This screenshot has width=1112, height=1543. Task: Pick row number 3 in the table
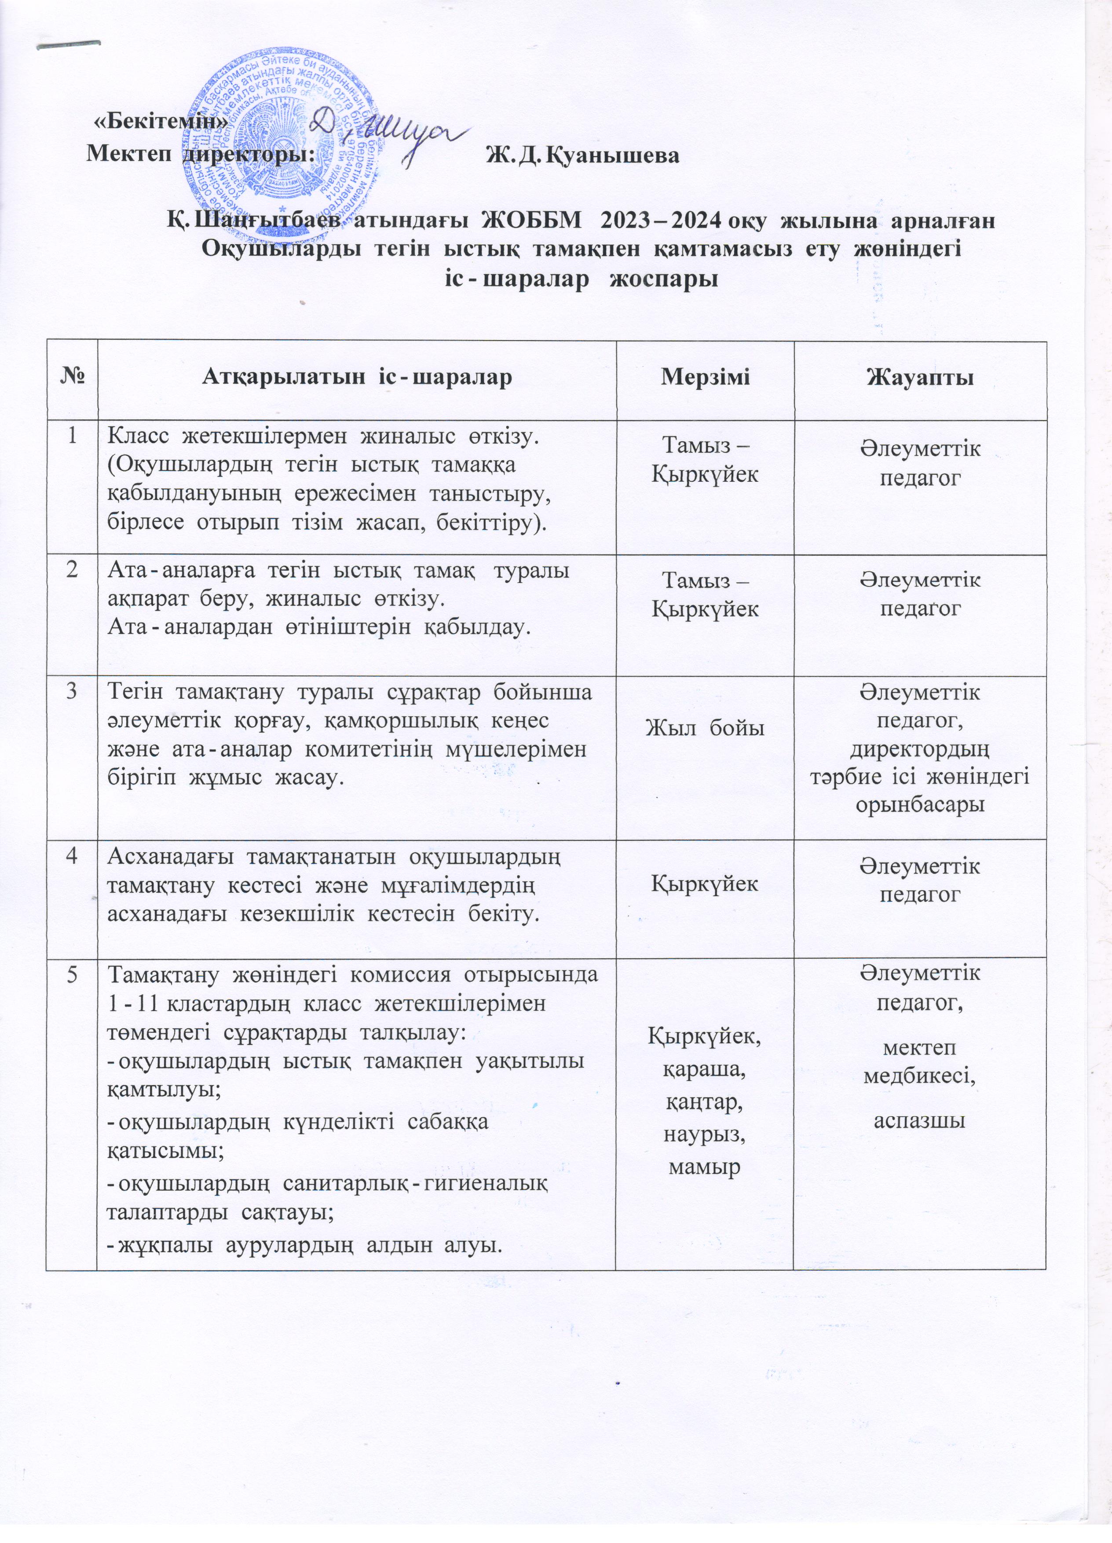point(71,693)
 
